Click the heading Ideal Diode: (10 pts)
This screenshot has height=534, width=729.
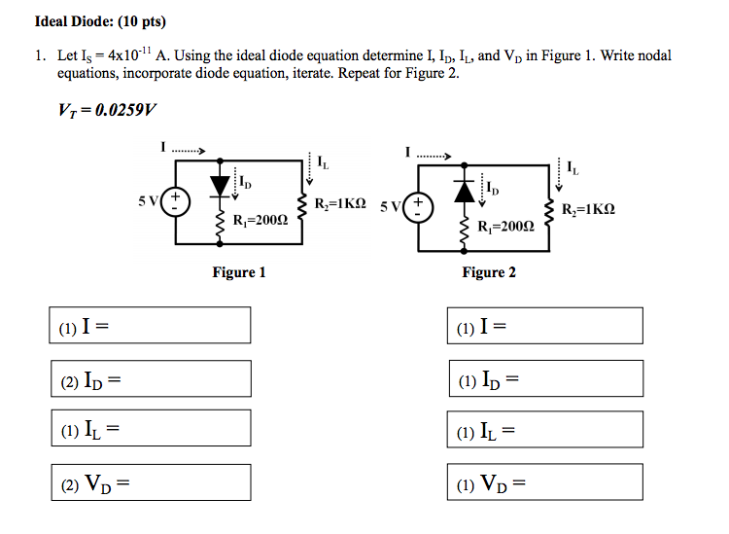pos(94,21)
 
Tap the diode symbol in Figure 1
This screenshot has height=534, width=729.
pos(221,182)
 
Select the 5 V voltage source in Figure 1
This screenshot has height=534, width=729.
pos(176,204)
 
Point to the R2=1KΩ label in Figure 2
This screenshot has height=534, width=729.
pos(587,209)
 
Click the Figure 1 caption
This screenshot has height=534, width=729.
pos(239,272)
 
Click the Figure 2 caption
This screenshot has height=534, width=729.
pos(489,272)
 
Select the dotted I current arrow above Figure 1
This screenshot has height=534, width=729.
pos(186,150)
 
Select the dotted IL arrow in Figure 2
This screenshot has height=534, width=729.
pos(557,172)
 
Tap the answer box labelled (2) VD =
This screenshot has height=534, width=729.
pos(150,481)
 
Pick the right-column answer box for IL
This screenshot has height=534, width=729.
pos(545,429)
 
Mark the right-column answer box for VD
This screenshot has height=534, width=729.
pos(545,481)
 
